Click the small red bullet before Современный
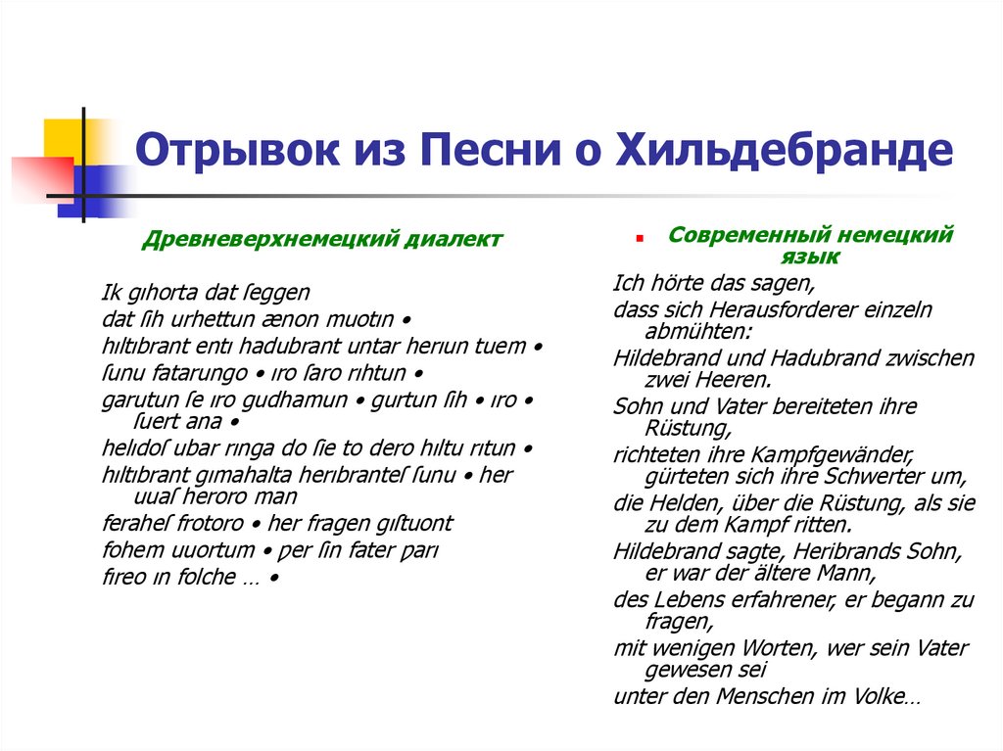[x=638, y=238]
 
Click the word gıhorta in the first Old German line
[x=161, y=293]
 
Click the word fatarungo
[x=200, y=373]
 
